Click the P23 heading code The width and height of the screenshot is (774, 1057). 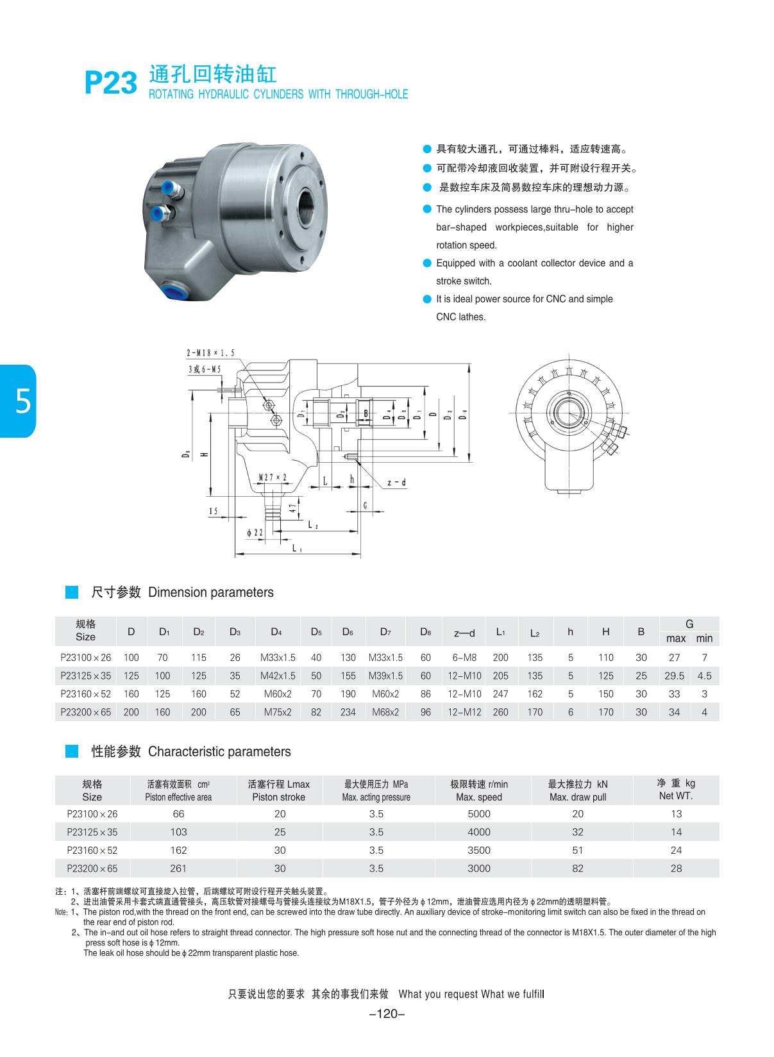click(x=111, y=83)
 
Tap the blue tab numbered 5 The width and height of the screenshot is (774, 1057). click(x=19, y=401)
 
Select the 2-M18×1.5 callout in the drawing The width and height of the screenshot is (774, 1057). click(x=210, y=353)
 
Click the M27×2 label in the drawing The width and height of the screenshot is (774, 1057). click(x=273, y=477)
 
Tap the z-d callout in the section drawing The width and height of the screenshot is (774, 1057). click(x=396, y=483)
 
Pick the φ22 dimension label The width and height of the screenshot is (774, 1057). click(x=255, y=532)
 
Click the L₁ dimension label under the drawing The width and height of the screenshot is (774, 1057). click(x=298, y=548)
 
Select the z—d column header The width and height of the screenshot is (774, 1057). click(x=464, y=633)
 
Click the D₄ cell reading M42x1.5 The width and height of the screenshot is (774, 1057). click(x=278, y=676)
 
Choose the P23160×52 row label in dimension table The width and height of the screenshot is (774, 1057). click(x=85, y=694)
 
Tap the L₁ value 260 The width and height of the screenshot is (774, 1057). click(x=500, y=712)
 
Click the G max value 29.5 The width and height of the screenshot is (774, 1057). click(x=674, y=676)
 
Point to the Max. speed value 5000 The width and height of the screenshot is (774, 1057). click(x=478, y=813)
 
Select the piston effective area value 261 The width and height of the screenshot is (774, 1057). click(x=178, y=868)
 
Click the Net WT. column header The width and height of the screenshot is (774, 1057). click(x=675, y=790)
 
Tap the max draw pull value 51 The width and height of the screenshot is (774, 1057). click(x=578, y=850)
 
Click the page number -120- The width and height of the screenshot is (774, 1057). click(x=387, y=1013)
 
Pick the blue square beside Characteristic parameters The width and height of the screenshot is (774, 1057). click(x=72, y=751)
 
